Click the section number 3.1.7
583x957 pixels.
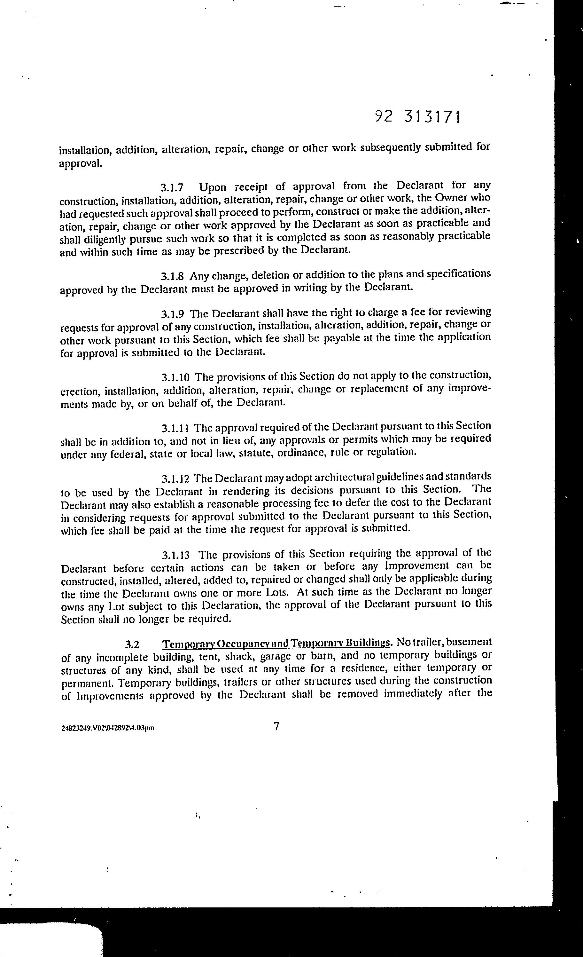[x=172, y=188]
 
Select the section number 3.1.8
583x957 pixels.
[x=172, y=277]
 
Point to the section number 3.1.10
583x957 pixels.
[x=175, y=377]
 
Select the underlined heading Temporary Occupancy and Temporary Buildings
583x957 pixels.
[x=276, y=644]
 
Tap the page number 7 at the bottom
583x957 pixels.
[x=276, y=726]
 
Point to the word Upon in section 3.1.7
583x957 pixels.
[x=212, y=187]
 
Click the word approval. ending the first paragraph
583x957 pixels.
[x=81, y=163]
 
